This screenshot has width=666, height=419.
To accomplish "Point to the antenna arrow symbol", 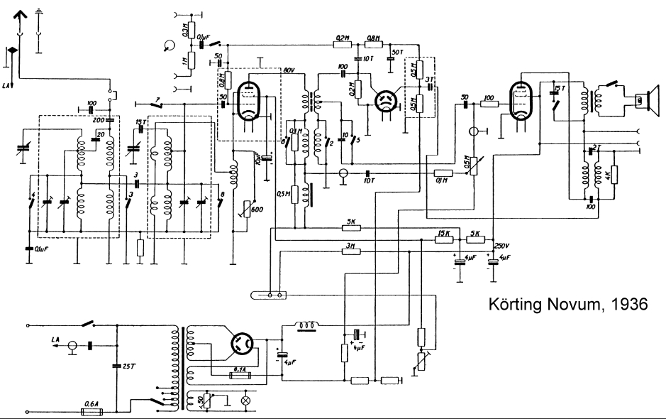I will [x=20, y=14].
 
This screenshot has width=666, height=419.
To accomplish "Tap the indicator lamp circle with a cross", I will [x=247, y=401].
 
